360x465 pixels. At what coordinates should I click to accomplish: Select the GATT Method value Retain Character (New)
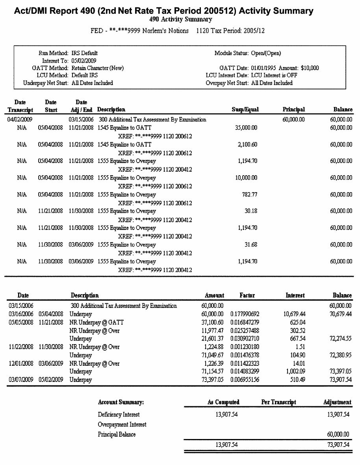(x=97, y=68)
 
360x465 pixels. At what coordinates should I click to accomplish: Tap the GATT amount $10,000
(x=310, y=68)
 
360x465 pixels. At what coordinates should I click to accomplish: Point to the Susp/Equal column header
(x=245, y=110)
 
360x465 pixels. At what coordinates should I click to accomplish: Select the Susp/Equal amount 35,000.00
(x=247, y=128)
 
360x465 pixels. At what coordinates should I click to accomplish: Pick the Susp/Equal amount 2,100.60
(x=249, y=145)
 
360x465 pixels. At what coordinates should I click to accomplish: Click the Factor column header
(x=247, y=295)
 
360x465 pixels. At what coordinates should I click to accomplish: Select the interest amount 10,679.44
(x=295, y=314)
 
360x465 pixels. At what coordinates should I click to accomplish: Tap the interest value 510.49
(x=298, y=380)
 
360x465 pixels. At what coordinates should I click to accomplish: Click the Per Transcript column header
(x=278, y=402)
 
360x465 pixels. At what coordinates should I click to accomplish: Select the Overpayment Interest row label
(x=122, y=424)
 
